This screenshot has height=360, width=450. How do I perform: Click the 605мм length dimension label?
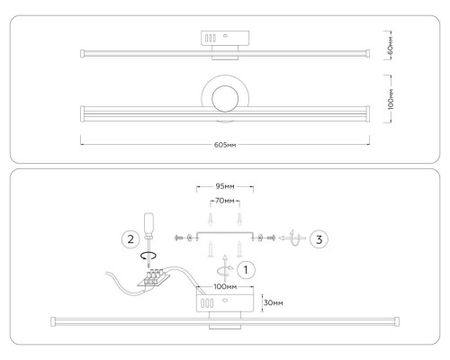[225, 145]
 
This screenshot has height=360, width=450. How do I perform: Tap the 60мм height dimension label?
[390, 46]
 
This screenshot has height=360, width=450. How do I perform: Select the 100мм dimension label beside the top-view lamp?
[391, 99]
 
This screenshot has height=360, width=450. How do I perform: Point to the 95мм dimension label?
[225, 186]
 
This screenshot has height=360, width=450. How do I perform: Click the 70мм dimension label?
[225, 201]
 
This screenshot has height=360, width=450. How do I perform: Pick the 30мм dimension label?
[274, 302]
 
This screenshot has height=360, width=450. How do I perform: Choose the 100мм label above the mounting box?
[225, 286]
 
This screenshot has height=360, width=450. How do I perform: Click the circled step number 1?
[246, 270]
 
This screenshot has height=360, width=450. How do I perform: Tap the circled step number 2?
[130, 239]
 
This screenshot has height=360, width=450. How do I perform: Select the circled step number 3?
[319, 239]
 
